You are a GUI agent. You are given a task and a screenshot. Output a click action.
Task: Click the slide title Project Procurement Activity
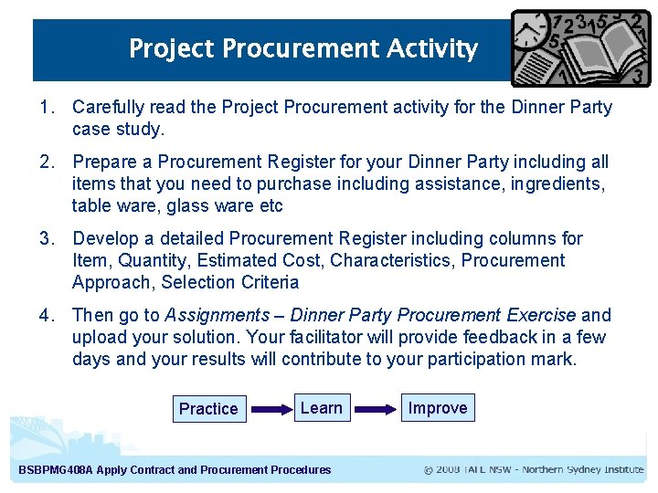click(x=302, y=48)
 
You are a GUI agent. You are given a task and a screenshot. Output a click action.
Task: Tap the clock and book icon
click(x=581, y=47)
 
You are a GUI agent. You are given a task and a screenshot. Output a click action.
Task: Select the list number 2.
click(x=46, y=163)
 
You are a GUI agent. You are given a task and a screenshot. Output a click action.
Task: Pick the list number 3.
click(x=46, y=239)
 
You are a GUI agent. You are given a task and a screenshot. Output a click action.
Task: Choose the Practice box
click(x=208, y=409)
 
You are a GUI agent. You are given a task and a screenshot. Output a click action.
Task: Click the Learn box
click(x=322, y=408)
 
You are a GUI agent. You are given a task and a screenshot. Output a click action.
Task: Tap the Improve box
click(x=438, y=408)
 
